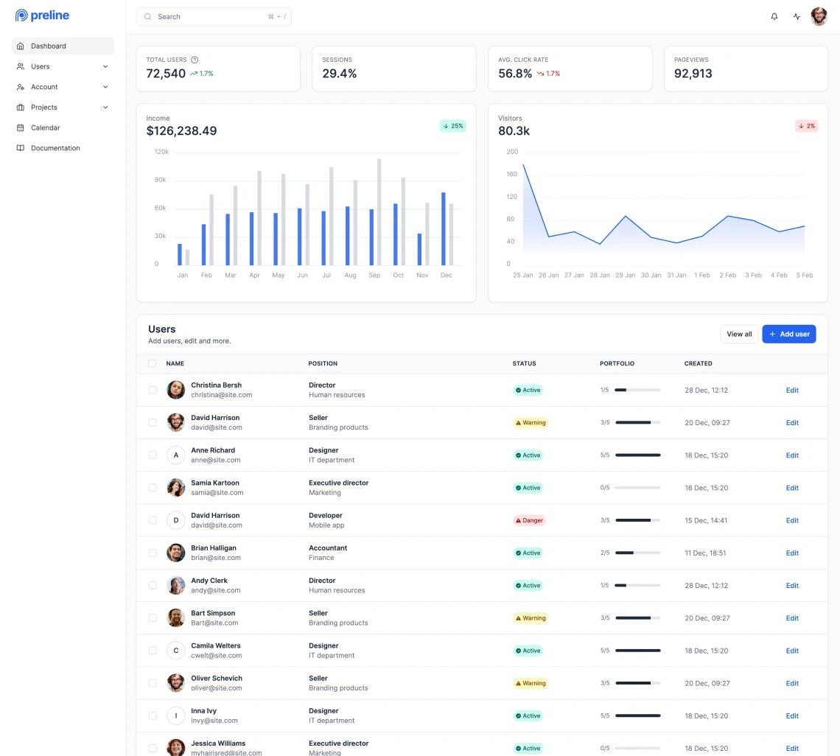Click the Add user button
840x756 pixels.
pos(788,334)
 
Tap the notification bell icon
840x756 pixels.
pos(774,16)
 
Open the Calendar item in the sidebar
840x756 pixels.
pos(45,127)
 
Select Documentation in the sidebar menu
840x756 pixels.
pos(55,148)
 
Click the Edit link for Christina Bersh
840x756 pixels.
pos(792,390)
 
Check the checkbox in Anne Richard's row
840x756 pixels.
pos(153,455)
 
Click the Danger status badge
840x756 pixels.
pos(529,520)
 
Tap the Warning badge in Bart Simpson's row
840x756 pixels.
pos(531,618)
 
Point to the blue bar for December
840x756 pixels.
pos(444,228)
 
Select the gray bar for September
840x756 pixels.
pos(379,212)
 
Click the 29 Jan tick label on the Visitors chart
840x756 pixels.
pos(625,275)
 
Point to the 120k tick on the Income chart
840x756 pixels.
pos(161,152)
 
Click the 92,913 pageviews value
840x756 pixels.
pos(693,74)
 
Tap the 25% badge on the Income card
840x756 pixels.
pos(453,126)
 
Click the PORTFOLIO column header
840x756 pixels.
pos(617,363)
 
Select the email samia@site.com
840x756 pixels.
pos(217,492)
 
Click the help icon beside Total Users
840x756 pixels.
pos(195,60)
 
